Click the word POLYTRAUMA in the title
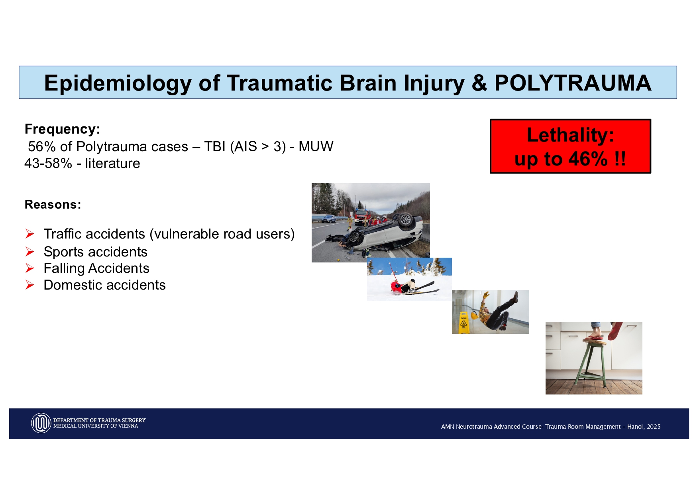(573, 83)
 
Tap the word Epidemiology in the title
(118, 83)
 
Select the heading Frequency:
(62, 129)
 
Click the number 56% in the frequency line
(41, 147)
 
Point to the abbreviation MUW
(316, 146)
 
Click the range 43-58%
(48, 164)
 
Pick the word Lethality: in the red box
(570, 135)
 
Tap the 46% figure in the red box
(588, 159)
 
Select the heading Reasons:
(53, 205)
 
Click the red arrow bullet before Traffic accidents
(30, 234)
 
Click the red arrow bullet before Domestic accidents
(30, 285)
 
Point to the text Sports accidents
(95, 252)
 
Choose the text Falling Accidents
(96, 268)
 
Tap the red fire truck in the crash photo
(361, 216)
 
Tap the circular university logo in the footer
(41, 423)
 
